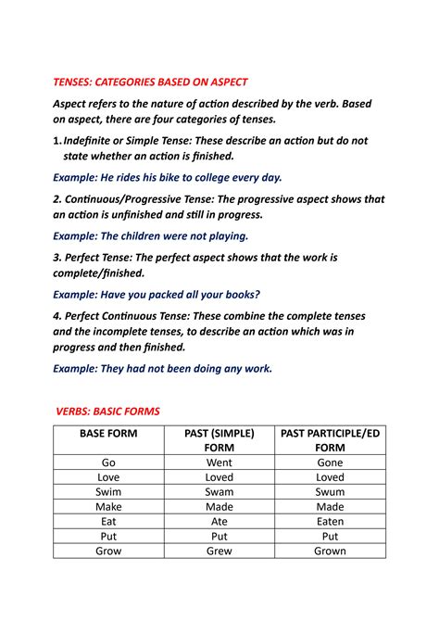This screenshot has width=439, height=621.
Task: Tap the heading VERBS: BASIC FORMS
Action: tap(107, 410)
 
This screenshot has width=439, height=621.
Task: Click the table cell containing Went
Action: tap(219, 462)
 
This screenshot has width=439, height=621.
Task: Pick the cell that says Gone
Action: tap(330, 462)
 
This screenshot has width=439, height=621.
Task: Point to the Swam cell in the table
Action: tap(219, 491)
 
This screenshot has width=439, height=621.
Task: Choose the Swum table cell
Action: tap(330, 491)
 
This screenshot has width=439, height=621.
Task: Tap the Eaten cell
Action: tap(330, 521)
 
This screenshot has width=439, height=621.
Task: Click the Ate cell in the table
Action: tap(219, 521)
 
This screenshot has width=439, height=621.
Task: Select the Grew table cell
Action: tap(219, 551)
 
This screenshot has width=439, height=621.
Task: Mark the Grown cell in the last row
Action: tap(330, 551)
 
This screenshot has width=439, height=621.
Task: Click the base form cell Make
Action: tap(108, 506)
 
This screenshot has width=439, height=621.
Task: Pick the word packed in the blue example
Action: tap(159, 294)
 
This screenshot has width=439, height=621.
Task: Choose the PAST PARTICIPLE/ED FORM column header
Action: tap(330, 440)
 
